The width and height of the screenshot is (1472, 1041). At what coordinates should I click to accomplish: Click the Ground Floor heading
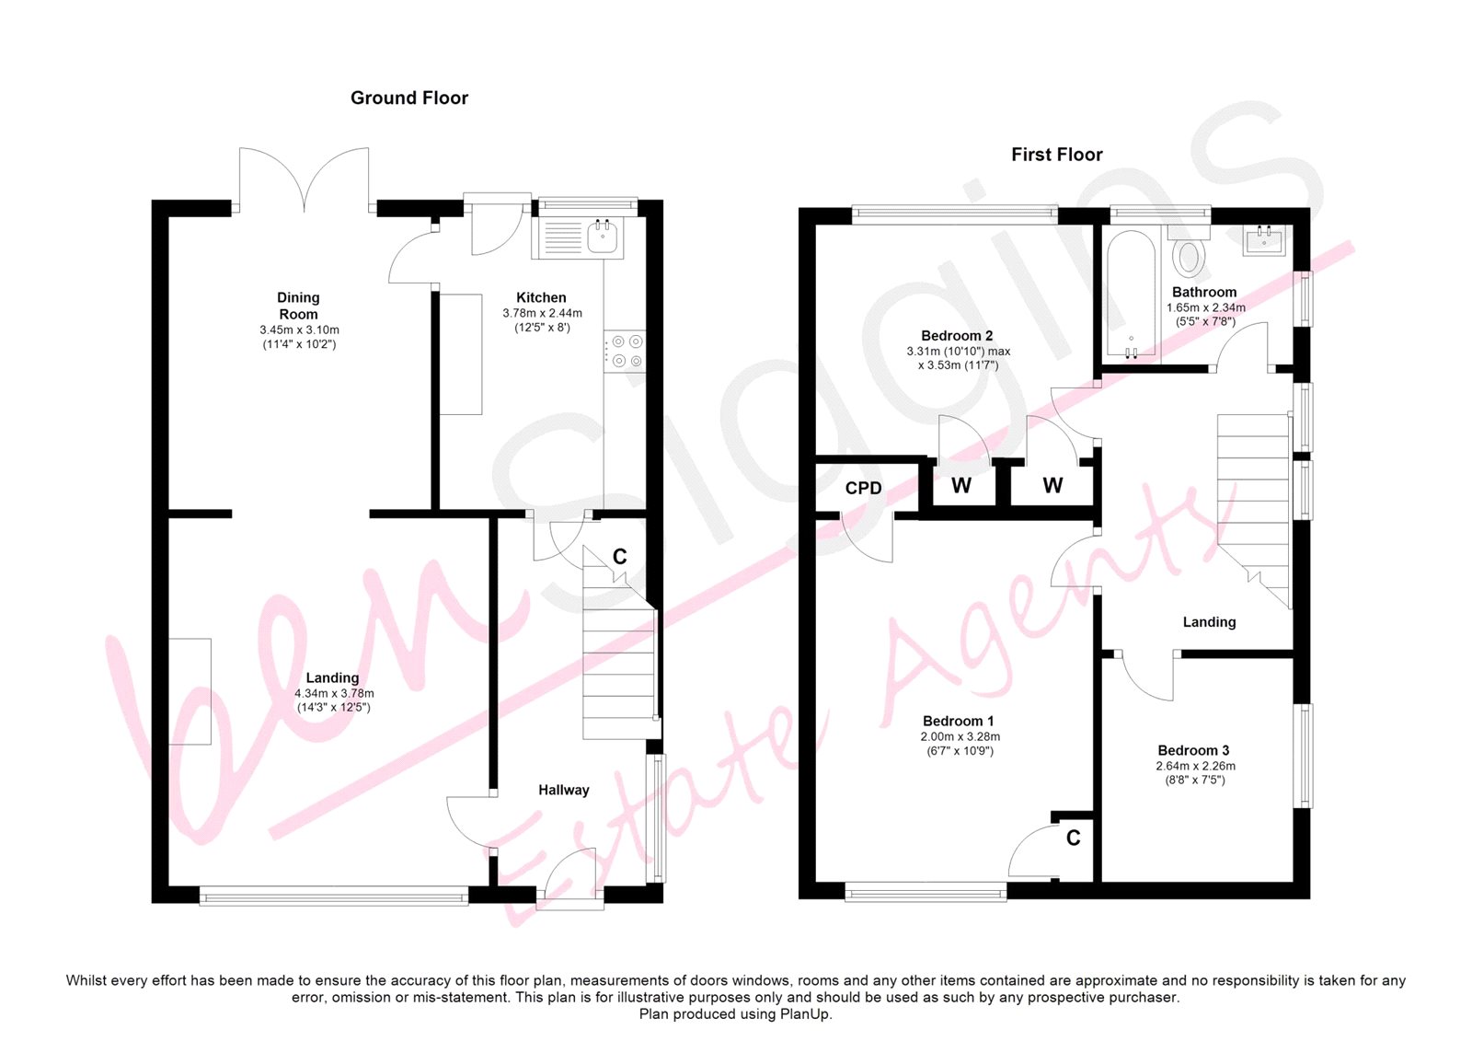(408, 98)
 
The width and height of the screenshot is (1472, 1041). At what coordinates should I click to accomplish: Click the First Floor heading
(1057, 155)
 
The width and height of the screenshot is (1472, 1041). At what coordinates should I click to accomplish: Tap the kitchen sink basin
(602, 237)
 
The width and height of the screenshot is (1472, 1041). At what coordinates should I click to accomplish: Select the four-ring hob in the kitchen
(625, 352)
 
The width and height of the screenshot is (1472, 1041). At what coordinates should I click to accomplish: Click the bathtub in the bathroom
(1131, 294)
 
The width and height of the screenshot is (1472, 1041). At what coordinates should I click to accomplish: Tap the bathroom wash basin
(1264, 240)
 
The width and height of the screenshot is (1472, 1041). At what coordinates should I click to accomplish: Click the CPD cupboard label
(864, 488)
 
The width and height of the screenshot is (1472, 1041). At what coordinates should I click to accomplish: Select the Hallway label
(564, 790)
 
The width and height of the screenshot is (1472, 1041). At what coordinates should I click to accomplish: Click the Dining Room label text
(298, 306)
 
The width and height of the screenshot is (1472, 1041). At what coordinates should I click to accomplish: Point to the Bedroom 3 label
(1193, 750)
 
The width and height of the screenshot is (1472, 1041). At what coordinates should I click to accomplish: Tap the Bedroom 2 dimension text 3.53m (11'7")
(958, 365)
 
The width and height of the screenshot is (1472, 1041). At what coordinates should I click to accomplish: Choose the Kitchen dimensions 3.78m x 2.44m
(542, 313)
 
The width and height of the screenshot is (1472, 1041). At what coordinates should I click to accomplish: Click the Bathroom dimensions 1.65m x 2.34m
(1206, 307)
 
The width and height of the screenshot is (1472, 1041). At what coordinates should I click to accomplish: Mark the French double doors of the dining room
(305, 179)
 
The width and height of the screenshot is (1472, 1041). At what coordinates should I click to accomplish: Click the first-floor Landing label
(1209, 622)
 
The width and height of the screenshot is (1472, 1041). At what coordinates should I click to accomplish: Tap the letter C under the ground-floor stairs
(620, 557)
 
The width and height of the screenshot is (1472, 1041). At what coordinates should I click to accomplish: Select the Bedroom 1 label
(958, 721)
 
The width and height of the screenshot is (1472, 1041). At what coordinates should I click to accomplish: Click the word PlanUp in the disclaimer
(807, 1013)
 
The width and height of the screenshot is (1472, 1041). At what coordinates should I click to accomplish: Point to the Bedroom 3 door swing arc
(1144, 684)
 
